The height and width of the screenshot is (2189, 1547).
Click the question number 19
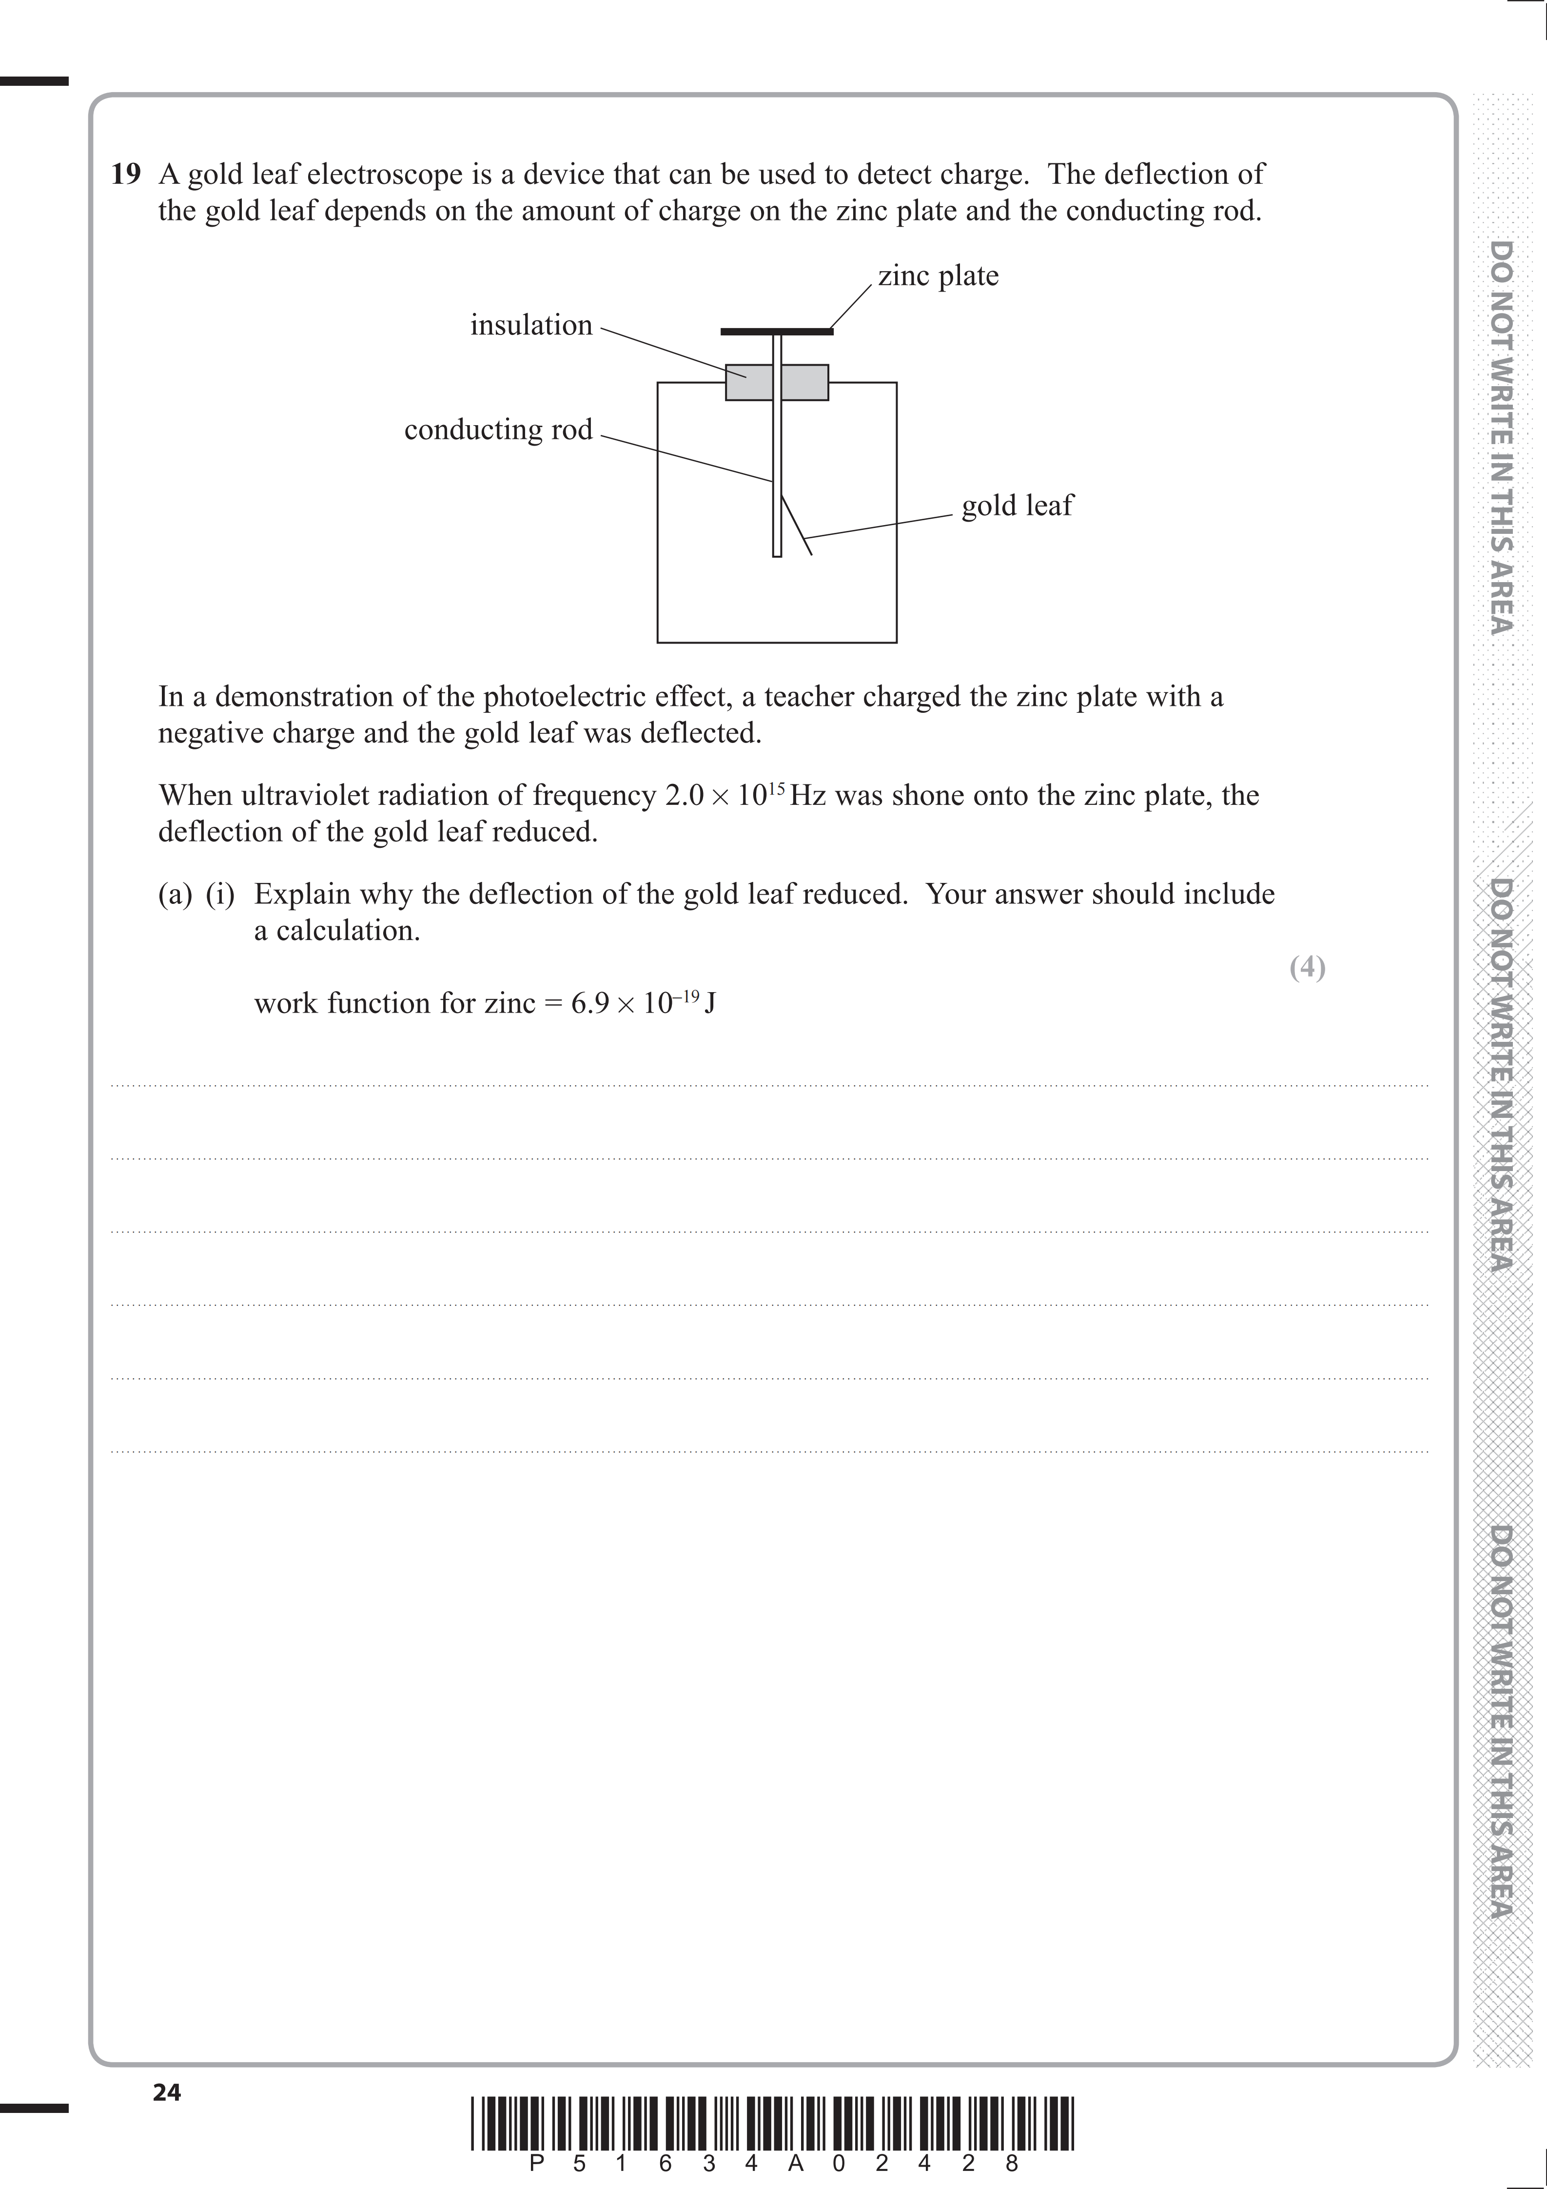coord(126,175)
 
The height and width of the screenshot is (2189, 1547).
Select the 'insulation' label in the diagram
coord(531,325)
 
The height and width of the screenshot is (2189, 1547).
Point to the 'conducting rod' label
coord(498,430)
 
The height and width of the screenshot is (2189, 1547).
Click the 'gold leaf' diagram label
coord(1017,505)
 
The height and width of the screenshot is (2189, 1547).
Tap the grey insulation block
coord(777,382)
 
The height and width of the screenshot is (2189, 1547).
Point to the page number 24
coord(167,2092)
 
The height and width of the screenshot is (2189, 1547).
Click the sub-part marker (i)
coord(220,894)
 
